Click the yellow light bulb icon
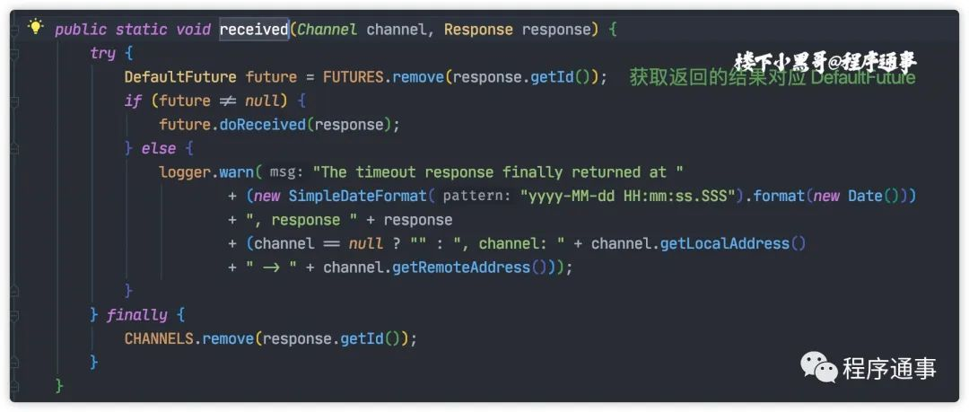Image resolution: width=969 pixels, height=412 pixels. click(x=36, y=28)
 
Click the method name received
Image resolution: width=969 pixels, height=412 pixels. click(x=254, y=30)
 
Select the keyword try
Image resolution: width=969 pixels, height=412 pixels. click(x=102, y=53)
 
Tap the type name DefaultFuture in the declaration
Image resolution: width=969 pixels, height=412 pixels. click(x=180, y=77)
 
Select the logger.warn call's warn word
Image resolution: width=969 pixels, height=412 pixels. click(x=236, y=172)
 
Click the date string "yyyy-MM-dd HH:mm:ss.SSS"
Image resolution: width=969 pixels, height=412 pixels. click(x=629, y=196)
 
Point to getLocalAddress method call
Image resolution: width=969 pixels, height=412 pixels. click(x=725, y=243)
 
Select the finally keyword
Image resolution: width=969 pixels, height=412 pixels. click(x=136, y=315)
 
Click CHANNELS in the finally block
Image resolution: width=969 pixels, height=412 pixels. click(x=160, y=338)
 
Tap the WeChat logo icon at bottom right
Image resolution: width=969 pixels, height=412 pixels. click(x=818, y=367)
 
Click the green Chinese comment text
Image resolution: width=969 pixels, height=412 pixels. click(x=772, y=78)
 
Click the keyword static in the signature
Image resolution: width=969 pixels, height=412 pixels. click(x=144, y=30)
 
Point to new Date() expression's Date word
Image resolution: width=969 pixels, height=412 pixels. click(x=865, y=196)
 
